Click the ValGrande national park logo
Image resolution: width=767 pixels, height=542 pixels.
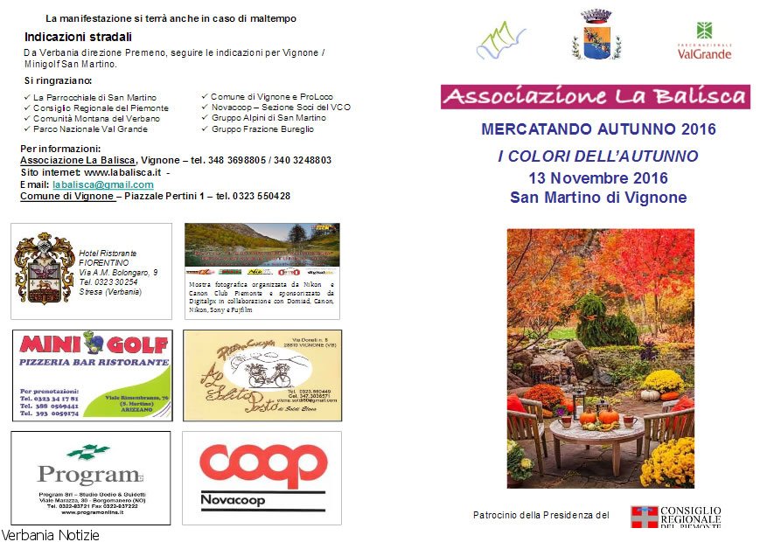[704, 40]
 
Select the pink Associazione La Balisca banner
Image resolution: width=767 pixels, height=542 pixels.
[595, 96]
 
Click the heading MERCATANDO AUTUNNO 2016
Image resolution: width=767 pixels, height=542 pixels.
[598, 129]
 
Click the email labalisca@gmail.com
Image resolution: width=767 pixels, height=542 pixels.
[103, 185]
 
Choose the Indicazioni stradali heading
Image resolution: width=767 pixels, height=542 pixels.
[78, 37]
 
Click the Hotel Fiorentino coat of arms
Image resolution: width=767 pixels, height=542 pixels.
[45, 267]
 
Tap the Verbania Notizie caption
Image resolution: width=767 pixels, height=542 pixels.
[51, 534]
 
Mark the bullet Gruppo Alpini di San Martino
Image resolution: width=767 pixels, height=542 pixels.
[268, 118]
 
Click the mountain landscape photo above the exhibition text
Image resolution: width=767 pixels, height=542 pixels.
[261, 244]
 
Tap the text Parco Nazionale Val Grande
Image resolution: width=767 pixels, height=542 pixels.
[90, 129]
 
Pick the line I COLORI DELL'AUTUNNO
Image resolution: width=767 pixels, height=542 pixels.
[598, 156]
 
